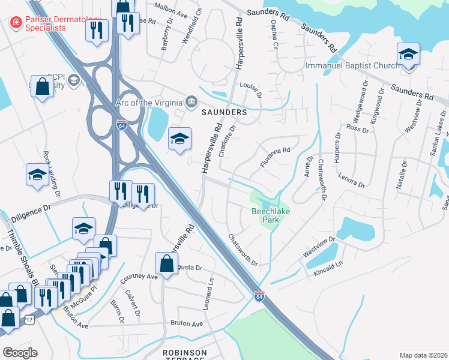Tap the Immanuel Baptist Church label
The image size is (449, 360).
(x=352, y=65)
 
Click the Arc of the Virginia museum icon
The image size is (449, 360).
(x=191, y=100)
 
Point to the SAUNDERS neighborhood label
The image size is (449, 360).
(x=224, y=112)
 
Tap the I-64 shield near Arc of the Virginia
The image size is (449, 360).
(x=121, y=125)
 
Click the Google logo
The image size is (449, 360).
(x=19, y=353)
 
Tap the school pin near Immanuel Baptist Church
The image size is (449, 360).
(x=408, y=55)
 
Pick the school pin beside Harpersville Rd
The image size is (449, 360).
(x=179, y=139)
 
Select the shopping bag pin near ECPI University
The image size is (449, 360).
(x=43, y=86)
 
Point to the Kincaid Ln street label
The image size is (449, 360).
(x=328, y=264)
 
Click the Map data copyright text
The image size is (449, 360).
(x=424, y=355)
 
